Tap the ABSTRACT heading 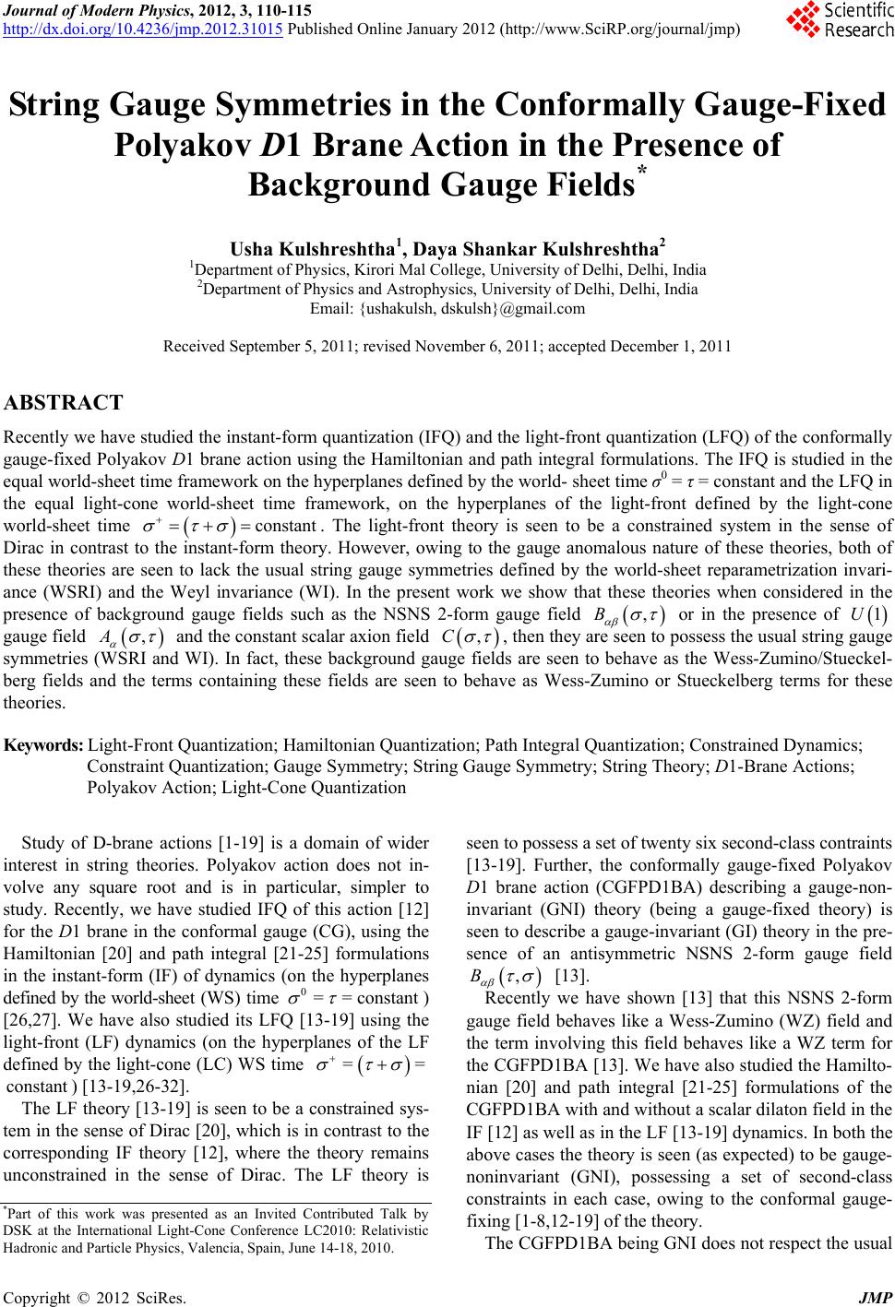click(x=64, y=403)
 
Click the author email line click(x=447, y=309)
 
